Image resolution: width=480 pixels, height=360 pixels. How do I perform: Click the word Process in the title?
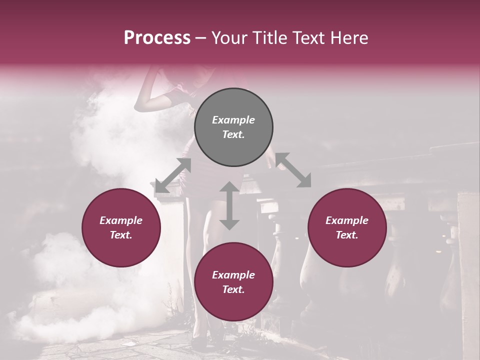pyautogui.click(x=157, y=38)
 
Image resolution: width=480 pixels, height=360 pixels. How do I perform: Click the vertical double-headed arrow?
pyautogui.click(x=229, y=205)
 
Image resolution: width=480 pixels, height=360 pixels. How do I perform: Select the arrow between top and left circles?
pyautogui.click(x=173, y=175)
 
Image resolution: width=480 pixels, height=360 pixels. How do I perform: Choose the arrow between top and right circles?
pyautogui.click(x=293, y=170)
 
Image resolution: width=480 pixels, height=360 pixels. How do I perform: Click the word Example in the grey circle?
pyautogui.click(x=233, y=120)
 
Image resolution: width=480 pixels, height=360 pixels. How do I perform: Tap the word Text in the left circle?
pyautogui.click(x=121, y=235)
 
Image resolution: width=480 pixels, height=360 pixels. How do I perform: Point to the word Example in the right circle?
pyautogui.click(x=347, y=220)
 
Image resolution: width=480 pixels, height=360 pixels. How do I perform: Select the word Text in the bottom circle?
pyautogui.click(x=233, y=289)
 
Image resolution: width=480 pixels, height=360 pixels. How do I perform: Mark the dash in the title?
pyautogui.click(x=200, y=38)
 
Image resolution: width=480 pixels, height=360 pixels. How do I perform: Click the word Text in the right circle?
pyautogui.click(x=347, y=235)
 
